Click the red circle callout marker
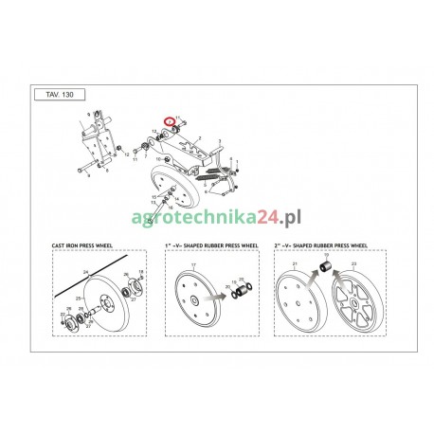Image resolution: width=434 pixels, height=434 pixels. click(x=170, y=122)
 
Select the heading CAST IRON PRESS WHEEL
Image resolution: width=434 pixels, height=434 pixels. click(x=84, y=247)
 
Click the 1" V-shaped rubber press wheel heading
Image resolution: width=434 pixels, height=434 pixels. click(x=211, y=247)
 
